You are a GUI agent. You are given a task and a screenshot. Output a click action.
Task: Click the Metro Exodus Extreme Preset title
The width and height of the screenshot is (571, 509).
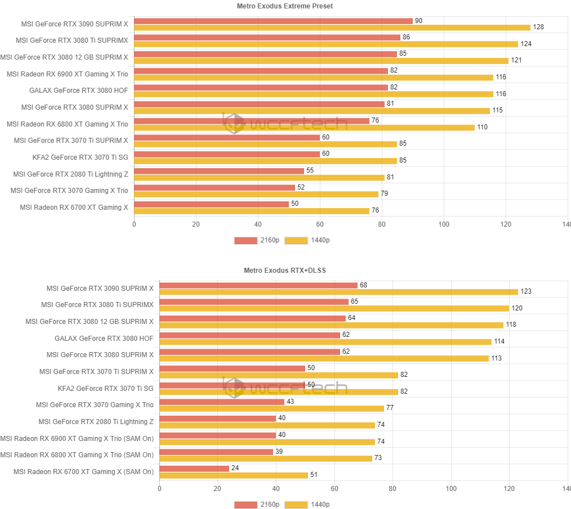(285, 6)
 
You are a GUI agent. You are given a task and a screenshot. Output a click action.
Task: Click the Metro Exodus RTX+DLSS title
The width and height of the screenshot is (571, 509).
(285, 271)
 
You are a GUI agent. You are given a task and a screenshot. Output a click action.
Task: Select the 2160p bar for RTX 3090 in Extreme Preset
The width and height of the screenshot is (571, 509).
(273, 21)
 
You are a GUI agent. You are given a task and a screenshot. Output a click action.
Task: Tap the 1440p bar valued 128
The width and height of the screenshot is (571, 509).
(332, 28)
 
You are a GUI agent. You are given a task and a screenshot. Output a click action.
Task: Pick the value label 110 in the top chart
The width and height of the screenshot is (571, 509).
(483, 127)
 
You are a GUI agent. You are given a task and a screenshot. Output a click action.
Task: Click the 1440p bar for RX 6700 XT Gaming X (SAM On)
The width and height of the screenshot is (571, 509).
(234, 475)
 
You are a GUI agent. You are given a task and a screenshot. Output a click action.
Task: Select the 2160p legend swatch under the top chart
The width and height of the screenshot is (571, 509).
(246, 240)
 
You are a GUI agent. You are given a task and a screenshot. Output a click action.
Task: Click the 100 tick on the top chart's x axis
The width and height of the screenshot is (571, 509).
(444, 224)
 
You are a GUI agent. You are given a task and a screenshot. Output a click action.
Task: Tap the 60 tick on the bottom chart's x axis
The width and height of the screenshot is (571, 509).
(334, 488)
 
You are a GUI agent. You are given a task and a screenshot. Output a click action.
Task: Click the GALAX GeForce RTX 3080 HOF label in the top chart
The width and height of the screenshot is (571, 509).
(79, 91)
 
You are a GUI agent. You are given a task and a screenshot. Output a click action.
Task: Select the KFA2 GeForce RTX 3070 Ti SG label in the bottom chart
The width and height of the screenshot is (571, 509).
(105, 389)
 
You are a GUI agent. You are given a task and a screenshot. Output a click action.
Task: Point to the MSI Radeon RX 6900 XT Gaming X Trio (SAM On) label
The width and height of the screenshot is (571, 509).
(77, 438)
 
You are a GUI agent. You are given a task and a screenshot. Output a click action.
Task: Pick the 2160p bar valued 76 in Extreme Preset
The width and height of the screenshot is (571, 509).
(252, 121)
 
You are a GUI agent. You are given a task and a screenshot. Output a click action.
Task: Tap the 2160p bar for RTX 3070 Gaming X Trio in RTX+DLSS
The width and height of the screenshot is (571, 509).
(222, 402)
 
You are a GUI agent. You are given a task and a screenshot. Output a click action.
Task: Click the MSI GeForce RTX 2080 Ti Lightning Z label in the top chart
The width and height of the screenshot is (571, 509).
(70, 174)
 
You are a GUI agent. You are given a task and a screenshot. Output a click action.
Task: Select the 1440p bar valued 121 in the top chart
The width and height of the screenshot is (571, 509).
(321, 61)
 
